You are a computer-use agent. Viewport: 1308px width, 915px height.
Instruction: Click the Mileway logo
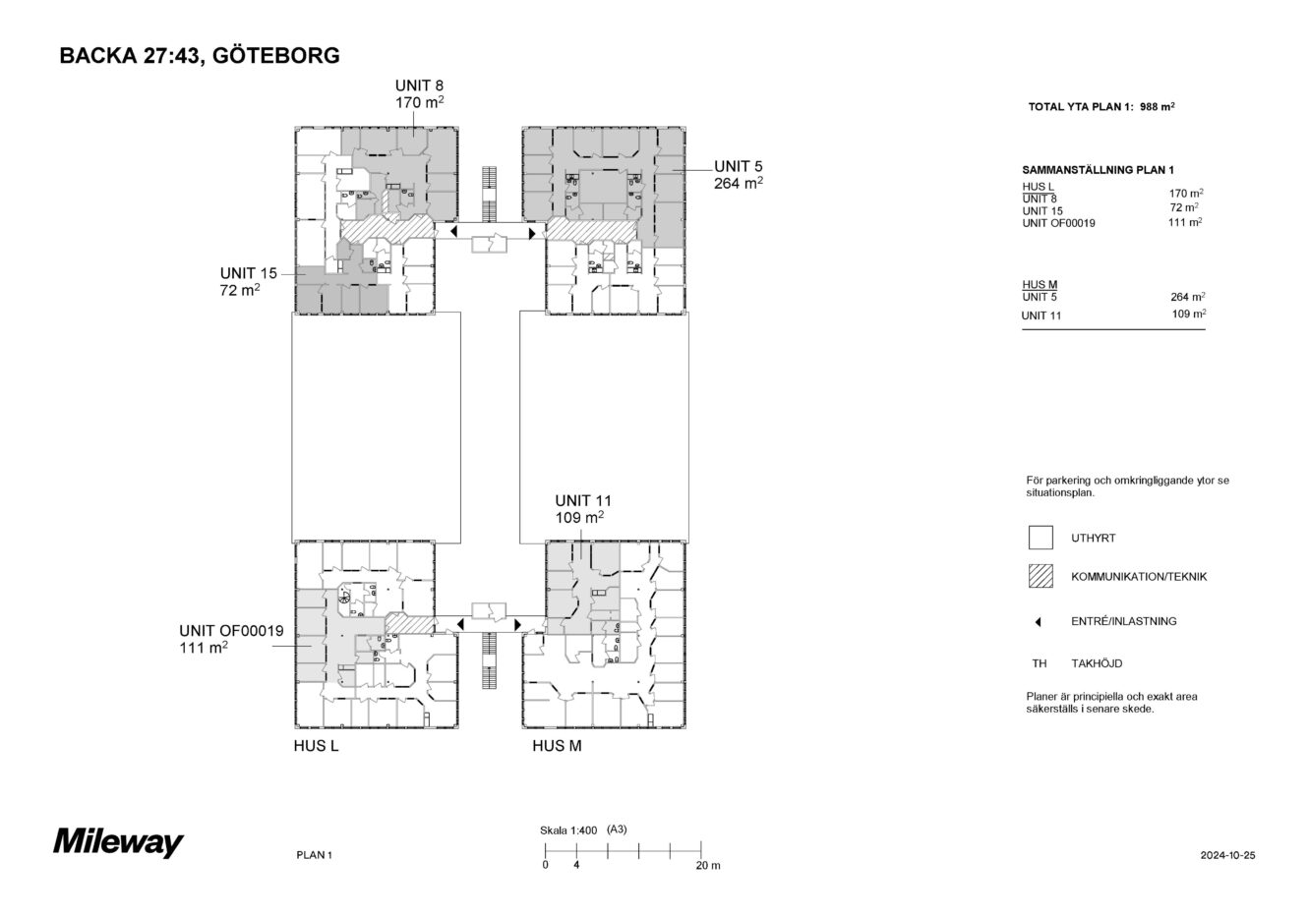click(118, 842)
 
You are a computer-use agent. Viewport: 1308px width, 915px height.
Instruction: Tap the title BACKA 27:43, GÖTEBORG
click(200, 55)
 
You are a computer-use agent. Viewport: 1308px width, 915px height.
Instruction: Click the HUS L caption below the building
click(316, 746)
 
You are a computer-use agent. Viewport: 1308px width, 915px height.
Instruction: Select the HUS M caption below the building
click(557, 746)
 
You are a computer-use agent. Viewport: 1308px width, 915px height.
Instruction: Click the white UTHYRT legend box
click(1040, 538)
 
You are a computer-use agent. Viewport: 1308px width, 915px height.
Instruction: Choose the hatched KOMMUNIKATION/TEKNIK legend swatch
click(1040, 576)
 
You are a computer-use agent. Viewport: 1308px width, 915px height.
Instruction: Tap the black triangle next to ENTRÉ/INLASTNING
click(1039, 622)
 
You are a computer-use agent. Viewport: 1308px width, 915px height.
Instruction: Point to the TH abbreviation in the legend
click(1040, 663)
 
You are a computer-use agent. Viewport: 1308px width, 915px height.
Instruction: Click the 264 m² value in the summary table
click(1188, 297)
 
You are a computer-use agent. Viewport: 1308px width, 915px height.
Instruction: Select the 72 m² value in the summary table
click(1184, 207)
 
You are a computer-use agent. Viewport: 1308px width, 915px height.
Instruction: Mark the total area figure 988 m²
click(1158, 107)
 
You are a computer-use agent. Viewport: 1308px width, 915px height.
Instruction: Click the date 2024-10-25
click(1227, 855)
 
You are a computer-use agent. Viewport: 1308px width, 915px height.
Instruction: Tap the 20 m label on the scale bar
click(708, 866)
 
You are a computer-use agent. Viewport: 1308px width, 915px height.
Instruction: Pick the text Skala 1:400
click(568, 830)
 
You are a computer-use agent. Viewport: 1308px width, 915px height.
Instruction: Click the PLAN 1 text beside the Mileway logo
click(314, 855)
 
